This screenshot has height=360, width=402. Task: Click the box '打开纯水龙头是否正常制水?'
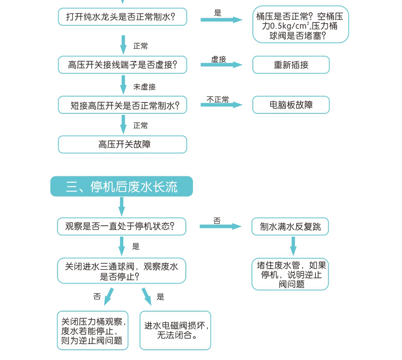122,17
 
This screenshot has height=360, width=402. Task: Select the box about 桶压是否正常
300,24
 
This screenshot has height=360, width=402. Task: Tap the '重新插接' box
291,65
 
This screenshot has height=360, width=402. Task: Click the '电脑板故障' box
291,105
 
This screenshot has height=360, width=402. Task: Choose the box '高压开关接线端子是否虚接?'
122,65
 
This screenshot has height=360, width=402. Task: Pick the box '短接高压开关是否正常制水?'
122,105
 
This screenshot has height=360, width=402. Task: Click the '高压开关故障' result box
122,145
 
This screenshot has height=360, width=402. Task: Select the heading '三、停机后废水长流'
121,186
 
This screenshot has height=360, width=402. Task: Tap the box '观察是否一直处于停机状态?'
121,226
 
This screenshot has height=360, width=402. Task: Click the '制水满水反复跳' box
290,227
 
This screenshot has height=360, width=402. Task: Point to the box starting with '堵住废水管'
290,275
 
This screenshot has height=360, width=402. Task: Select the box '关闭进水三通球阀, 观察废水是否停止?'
121,271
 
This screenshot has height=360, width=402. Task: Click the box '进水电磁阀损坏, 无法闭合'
175,330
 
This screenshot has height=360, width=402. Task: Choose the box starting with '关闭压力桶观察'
93,330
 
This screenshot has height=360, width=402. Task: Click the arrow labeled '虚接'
221,65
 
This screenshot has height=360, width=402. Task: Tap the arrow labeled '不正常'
221,105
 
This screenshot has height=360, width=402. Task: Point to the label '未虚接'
144,87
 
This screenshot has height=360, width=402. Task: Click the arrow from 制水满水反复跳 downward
293,245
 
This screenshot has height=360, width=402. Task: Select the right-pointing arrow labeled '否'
220,226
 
